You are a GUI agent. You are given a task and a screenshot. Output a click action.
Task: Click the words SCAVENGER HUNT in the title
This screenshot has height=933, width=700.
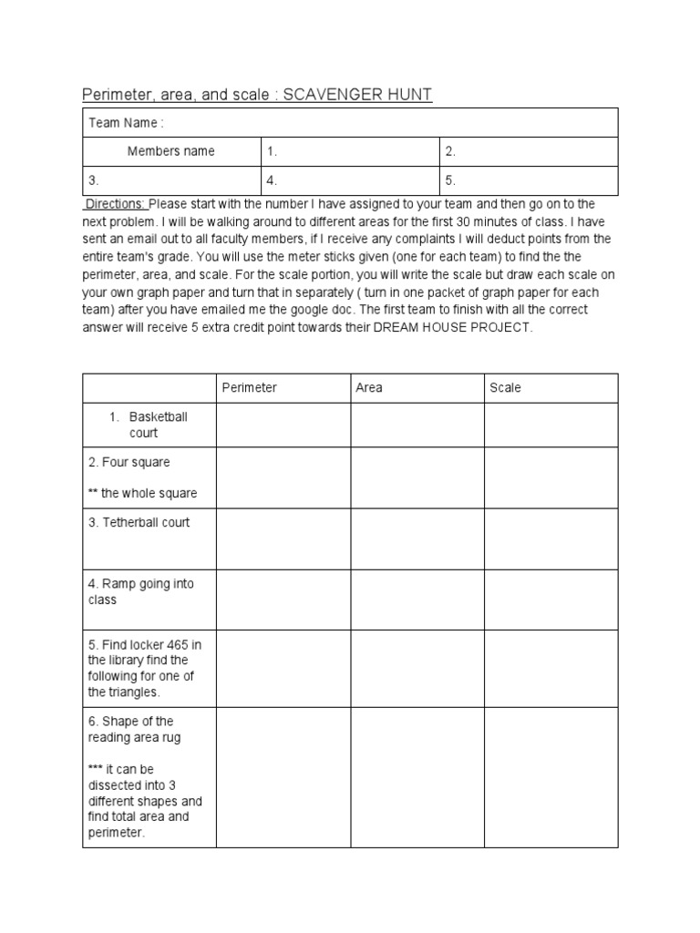pyautogui.click(x=358, y=94)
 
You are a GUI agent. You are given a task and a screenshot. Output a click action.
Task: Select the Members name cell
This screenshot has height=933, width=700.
pyautogui.click(x=170, y=151)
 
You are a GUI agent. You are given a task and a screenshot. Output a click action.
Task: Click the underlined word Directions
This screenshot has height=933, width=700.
pyautogui.click(x=116, y=203)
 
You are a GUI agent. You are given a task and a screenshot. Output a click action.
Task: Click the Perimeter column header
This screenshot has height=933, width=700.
pyautogui.click(x=250, y=387)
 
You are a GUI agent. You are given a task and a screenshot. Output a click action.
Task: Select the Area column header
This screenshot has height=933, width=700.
pyautogui.click(x=369, y=387)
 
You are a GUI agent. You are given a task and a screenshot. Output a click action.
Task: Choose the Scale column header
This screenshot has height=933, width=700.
pyautogui.click(x=506, y=387)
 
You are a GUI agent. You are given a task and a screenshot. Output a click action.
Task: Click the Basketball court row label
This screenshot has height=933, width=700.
pyautogui.click(x=158, y=425)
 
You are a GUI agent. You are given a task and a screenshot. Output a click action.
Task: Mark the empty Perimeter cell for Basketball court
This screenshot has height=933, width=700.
pyautogui.click(x=283, y=425)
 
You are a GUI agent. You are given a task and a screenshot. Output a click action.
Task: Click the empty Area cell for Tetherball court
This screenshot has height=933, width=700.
pyautogui.click(x=417, y=538)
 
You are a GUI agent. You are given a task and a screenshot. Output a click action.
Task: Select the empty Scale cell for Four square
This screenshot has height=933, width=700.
pyautogui.click(x=551, y=477)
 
